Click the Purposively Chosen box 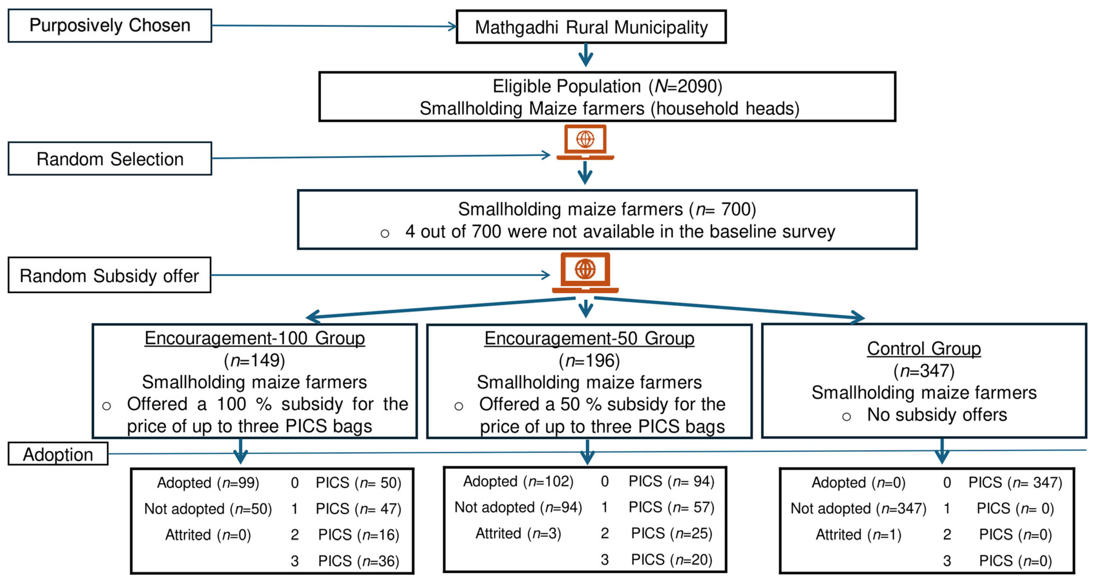[110, 25]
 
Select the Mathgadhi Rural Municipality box [591, 27]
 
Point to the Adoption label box [58, 454]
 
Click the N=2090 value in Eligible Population [688, 86]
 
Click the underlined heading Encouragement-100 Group [255, 338]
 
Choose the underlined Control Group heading [924, 349]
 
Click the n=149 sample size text [255, 360]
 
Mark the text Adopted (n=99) [208, 482]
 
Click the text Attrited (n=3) [518, 533]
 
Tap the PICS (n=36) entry [358, 561]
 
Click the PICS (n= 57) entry [671, 507]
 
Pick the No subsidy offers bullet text [936, 415]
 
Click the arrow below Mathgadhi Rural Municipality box [586, 55]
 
